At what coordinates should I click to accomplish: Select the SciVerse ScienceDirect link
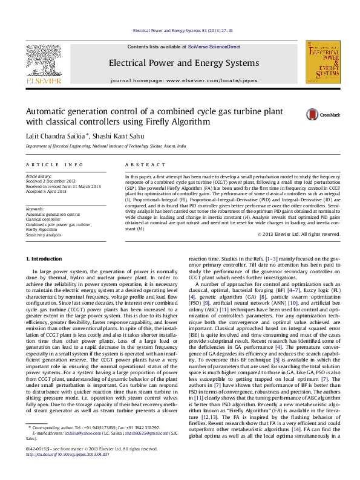point(214,47)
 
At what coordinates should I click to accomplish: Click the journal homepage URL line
point(183,80)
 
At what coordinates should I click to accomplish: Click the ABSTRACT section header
point(141,164)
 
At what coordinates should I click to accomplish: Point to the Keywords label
point(36,209)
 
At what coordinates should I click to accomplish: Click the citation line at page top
point(183,29)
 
